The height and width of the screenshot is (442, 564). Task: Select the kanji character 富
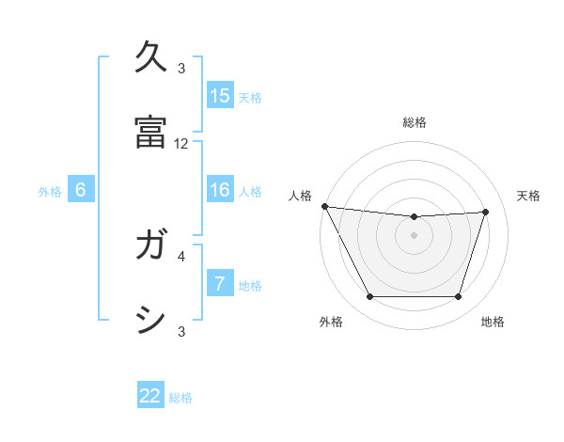point(151,132)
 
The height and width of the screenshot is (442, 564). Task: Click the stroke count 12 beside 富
point(181,144)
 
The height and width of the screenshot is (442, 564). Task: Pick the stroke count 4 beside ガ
point(181,255)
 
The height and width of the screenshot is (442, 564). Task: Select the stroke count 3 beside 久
point(181,69)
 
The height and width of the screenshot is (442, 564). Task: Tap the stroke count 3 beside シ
point(181,331)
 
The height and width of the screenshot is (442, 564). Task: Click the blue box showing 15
point(220,96)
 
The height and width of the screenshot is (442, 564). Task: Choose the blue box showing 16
point(220,190)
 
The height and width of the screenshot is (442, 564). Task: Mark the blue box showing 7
point(220,284)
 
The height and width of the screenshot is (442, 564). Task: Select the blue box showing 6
point(81,190)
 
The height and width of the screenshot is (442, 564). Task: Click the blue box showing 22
point(150,397)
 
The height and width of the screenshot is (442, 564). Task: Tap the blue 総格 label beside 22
point(180,398)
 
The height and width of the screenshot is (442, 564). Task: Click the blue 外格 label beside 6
point(50,191)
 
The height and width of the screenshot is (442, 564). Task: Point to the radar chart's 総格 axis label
point(415,122)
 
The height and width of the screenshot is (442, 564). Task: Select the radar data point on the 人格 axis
point(324,206)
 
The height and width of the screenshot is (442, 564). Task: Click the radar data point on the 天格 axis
point(486,212)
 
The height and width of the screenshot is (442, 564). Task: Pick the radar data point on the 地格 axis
point(459,297)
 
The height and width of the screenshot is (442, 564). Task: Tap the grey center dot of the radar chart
point(415,235)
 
